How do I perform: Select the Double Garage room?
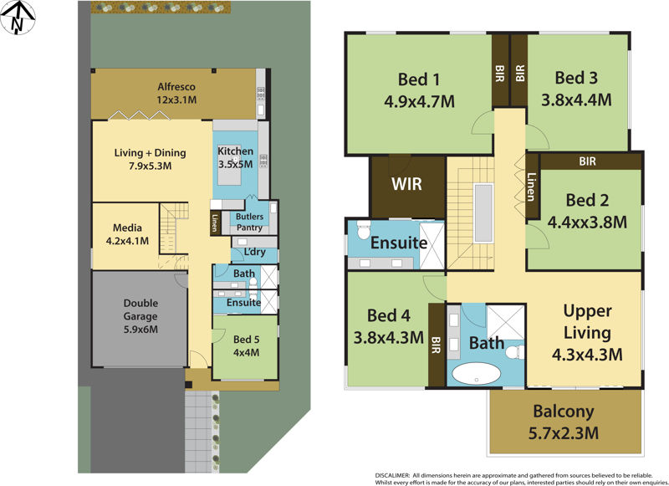pos(140,317)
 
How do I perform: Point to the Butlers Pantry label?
pos(254,222)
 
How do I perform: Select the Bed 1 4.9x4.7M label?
pos(426,90)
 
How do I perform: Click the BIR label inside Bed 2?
pos(588,161)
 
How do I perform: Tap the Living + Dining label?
pos(151,159)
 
